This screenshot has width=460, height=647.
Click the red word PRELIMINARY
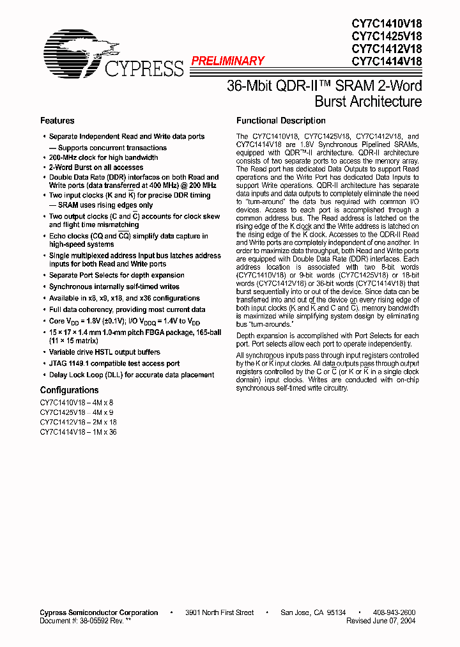click(x=227, y=61)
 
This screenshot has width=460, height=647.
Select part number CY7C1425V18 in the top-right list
click(x=387, y=36)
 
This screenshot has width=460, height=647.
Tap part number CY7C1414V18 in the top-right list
click(x=387, y=62)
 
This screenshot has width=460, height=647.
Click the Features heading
click(x=57, y=121)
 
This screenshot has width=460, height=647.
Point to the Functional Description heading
click(x=280, y=121)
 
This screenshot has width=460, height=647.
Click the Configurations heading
click(x=69, y=390)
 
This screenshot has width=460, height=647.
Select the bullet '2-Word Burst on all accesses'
click(x=96, y=168)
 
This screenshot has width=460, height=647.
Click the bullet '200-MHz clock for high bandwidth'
click(x=103, y=157)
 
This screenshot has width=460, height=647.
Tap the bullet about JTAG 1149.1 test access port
click(x=114, y=363)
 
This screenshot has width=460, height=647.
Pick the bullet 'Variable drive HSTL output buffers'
click(x=105, y=352)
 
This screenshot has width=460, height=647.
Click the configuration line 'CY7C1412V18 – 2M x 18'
click(x=78, y=422)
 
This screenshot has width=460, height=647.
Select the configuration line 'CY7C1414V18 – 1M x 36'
click(x=78, y=432)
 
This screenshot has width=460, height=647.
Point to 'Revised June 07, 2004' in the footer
click(x=381, y=621)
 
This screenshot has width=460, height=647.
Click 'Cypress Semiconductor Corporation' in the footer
click(x=98, y=612)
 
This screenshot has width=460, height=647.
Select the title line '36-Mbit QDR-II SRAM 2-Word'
click(x=324, y=86)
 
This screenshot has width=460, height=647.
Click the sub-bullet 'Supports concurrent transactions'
click(x=108, y=147)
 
